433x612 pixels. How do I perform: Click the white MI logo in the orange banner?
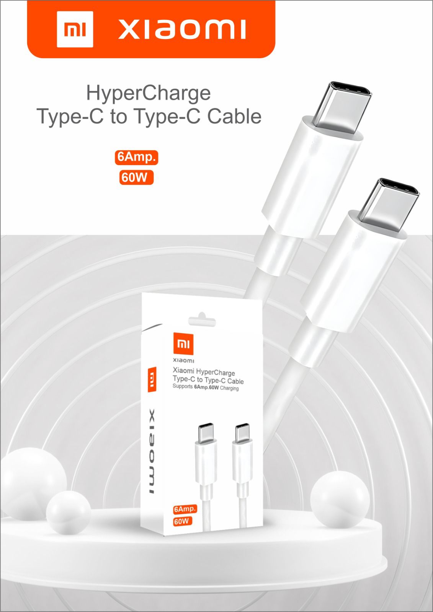[75, 29]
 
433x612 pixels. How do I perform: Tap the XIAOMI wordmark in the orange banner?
[182, 29]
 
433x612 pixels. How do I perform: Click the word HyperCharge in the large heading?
[149, 93]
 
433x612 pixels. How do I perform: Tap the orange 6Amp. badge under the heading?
[137, 157]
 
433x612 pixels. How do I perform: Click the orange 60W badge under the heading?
[136, 177]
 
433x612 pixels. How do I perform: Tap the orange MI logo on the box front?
[183, 344]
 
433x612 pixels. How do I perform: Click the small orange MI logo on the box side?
[152, 379]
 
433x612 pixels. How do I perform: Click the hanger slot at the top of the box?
[202, 319]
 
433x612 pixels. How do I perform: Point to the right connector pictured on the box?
[242, 464]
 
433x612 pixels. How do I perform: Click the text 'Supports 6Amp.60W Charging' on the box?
[206, 388]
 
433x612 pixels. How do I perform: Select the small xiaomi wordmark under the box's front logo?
[183, 360]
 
